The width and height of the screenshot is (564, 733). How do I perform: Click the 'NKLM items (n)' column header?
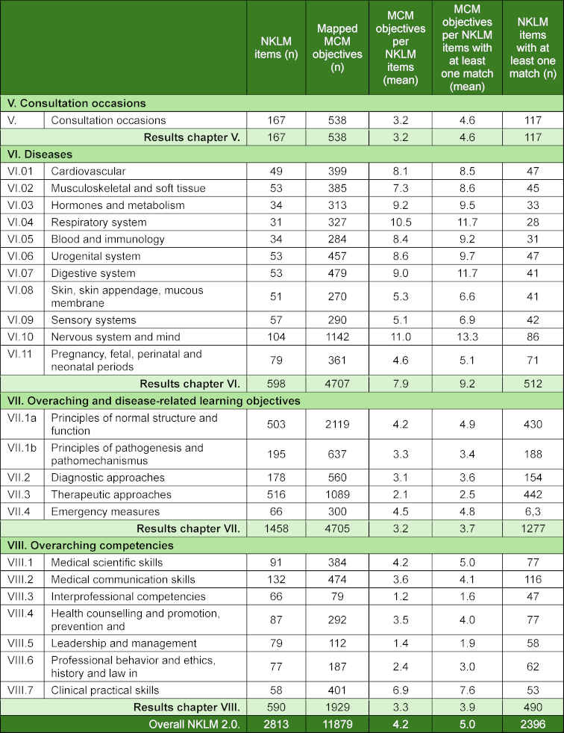[277, 47]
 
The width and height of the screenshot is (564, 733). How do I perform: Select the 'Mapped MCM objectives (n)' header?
[337, 47]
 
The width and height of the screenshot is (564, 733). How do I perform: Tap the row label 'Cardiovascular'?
[88, 172]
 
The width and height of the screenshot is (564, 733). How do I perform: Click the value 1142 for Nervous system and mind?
[337, 337]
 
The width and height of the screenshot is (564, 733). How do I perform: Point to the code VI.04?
[22, 222]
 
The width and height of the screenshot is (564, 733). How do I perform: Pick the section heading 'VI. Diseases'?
[40, 155]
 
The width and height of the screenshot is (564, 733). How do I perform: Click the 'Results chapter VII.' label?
[192, 528]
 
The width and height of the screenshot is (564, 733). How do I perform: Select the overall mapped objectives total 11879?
[337, 723]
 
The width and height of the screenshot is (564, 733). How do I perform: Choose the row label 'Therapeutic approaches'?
[111, 494]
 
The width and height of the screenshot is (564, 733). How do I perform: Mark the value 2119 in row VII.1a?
[337, 424]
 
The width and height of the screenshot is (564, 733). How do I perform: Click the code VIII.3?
[23, 596]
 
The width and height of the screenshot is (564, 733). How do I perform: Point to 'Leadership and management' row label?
[124, 643]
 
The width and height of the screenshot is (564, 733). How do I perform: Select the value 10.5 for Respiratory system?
[400, 222]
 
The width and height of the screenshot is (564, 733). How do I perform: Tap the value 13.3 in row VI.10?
[466, 337]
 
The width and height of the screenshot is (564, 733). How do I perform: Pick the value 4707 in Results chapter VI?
[337, 384]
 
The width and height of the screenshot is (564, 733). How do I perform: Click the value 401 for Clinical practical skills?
[337, 690]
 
